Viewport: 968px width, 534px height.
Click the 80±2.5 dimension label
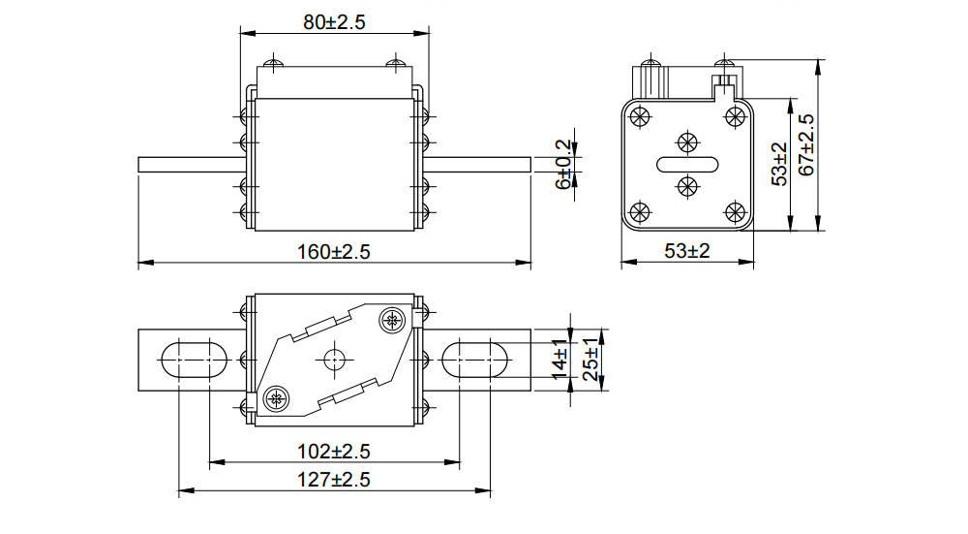coord(334,22)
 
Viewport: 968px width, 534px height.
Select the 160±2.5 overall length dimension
coord(334,252)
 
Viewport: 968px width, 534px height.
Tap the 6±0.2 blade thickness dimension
coord(563,165)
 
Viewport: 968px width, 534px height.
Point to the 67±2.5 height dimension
coord(806,145)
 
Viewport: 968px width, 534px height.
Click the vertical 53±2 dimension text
coord(780,165)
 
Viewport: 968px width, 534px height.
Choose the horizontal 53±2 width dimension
coord(687,251)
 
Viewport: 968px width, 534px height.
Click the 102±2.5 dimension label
coord(334,451)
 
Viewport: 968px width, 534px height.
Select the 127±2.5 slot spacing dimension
coord(334,480)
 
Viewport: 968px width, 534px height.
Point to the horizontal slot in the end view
coord(687,163)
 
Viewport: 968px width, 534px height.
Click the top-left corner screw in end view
coord(639,116)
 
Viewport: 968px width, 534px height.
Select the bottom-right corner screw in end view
coord(734,210)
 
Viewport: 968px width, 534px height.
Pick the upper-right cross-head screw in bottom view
coord(392,319)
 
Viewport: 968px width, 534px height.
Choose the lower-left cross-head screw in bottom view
coord(276,396)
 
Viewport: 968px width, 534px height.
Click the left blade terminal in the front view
coord(190,165)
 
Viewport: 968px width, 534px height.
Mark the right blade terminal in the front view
coord(476,165)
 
